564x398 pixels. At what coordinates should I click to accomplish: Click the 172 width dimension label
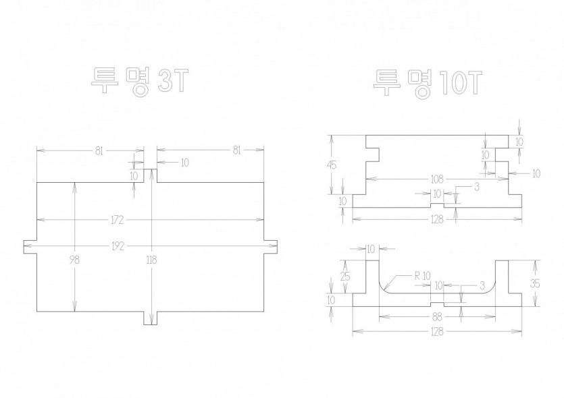click(x=118, y=220)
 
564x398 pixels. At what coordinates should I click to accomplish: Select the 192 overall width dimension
click(x=118, y=246)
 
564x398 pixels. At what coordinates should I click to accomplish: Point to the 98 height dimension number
click(x=74, y=259)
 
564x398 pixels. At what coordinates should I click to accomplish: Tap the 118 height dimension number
click(x=151, y=259)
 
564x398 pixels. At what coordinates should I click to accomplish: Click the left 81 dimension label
click(x=99, y=151)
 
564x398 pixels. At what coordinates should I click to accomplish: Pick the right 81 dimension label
click(x=236, y=150)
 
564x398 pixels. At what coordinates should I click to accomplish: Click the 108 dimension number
click(x=437, y=179)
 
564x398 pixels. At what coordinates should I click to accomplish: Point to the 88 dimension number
click(x=437, y=317)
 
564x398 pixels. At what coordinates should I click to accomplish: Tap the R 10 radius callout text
click(x=422, y=276)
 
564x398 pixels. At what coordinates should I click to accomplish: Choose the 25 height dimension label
click(x=345, y=276)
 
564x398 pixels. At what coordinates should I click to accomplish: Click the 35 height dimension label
click(x=535, y=283)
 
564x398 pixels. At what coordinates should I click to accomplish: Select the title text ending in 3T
click(x=140, y=82)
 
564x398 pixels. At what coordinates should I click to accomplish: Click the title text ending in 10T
click(x=428, y=84)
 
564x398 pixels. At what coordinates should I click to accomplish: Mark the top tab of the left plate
click(x=151, y=175)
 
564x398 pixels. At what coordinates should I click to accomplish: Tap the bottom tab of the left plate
click(x=151, y=318)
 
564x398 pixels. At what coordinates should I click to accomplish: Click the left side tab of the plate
click(x=30, y=247)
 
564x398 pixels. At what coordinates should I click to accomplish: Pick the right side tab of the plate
click(x=271, y=247)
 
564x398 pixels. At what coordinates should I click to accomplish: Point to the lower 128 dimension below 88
click(x=436, y=331)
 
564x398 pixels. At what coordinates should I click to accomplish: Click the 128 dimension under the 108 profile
click(x=436, y=219)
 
